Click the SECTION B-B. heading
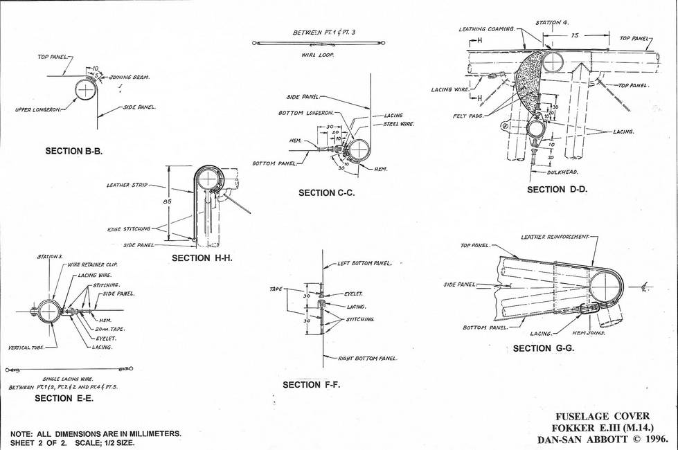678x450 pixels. (x=73, y=151)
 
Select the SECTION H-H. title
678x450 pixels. (x=201, y=258)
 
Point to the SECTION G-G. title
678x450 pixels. (x=544, y=348)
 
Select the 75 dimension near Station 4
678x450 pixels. (x=574, y=35)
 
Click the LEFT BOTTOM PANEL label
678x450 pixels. (x=365, y=263)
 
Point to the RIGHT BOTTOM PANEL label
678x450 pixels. (x=368, y=358)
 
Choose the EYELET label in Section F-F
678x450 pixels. (x=354, y=294)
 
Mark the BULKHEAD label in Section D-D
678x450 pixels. (x=562, y=171)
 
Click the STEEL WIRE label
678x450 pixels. (x=399, y=124)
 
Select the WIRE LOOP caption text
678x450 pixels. (x=317, y=55)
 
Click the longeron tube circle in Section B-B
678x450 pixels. (x=85, y=89)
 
